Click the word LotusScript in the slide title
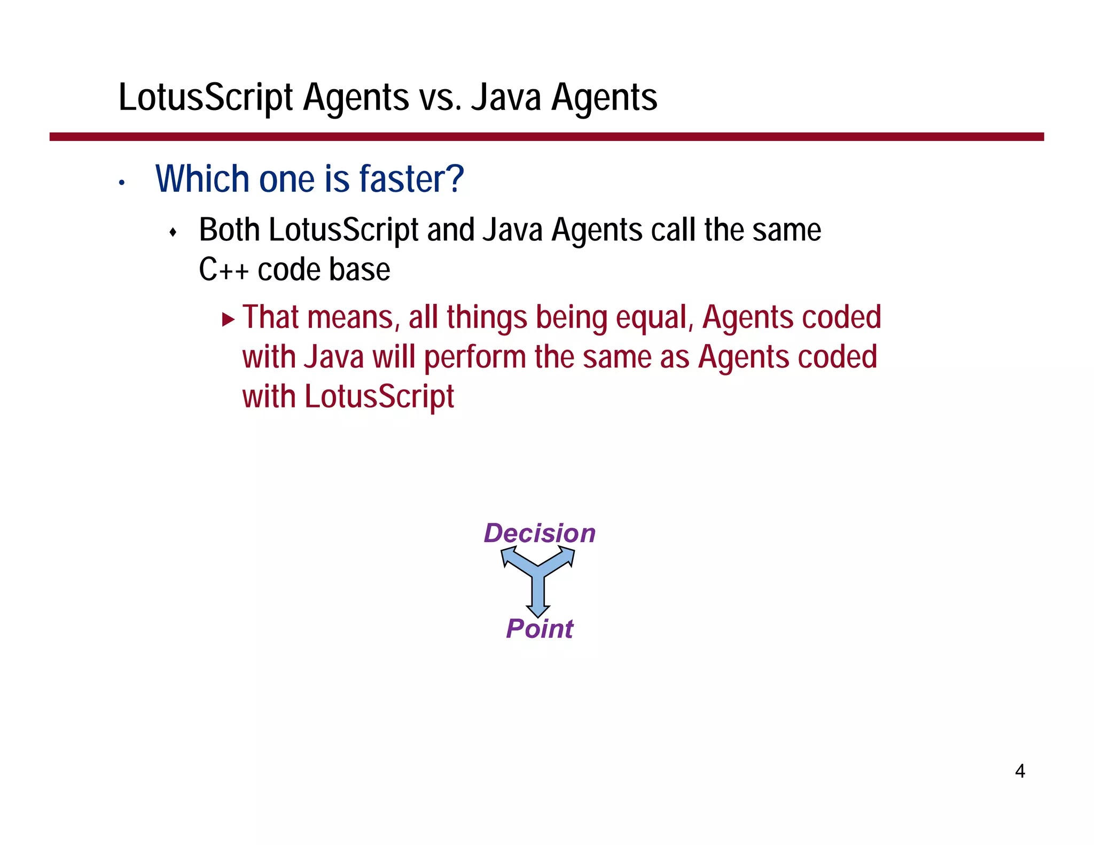[x=206, y=98]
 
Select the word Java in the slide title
[x=506, y=98]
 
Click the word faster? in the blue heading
[x=411, y=179]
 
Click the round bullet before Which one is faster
[x=122, y=183]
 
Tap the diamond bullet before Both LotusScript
[x=173, y=232]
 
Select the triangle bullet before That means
[x=228, y=320]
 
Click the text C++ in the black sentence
[x=223, y=270]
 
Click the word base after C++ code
[x=367, y=270]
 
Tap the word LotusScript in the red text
[x=379, y=397]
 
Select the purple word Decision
[x=540, y=533]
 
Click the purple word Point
[x=540, y=629]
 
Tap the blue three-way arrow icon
[x=538, y=580]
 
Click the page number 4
[x=1020, y=771]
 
